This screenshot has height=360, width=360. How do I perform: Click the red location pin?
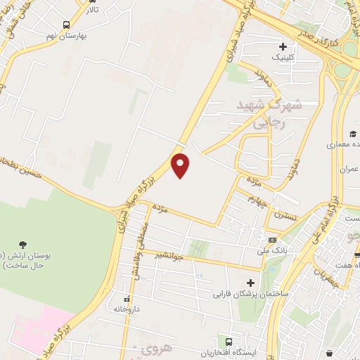pyautogui.click(x=181, y=165)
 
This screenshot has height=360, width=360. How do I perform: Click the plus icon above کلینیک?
pyautogui.click(x=283, y=46)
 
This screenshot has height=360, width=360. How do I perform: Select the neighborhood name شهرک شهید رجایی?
pyautogui.click(x=271, y=112)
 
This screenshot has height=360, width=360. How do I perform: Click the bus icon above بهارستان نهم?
pyautogui.click(x=66, y=24)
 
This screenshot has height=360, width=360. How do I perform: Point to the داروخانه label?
pyautogui.click(x=127, y=309)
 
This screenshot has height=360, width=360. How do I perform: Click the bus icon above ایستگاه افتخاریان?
pyautogui.click(x=226, y=341)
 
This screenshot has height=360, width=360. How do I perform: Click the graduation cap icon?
pyautogui.click(x=352, y=134)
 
